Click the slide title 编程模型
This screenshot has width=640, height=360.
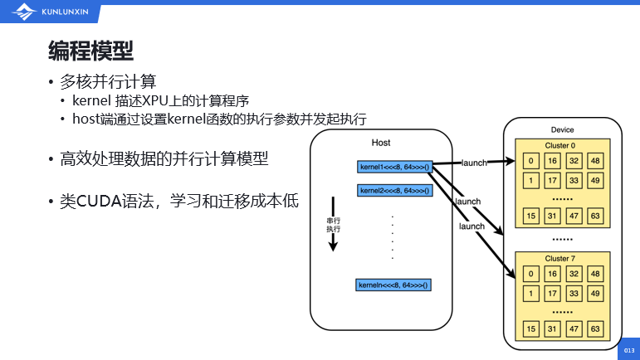(90, 51)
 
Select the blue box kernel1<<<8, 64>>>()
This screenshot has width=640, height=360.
(394, 167)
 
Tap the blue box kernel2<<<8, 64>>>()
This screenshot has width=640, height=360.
(394, 190)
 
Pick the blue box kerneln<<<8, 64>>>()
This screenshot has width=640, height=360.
(394, 285)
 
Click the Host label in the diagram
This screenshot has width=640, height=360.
(381, 144)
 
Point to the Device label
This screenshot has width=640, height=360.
(562, 129)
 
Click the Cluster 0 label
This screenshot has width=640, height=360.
(559, 145)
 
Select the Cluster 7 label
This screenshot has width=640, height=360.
(559, 259)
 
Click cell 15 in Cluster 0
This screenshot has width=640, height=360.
(531, 216)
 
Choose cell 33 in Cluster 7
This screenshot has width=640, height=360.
(574, 293)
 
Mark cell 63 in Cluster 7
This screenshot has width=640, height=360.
(594, 329)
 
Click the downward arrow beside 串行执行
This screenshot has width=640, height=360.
(333, 223)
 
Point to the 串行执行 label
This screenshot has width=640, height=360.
(334, 224)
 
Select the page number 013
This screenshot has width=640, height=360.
(628, 351)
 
